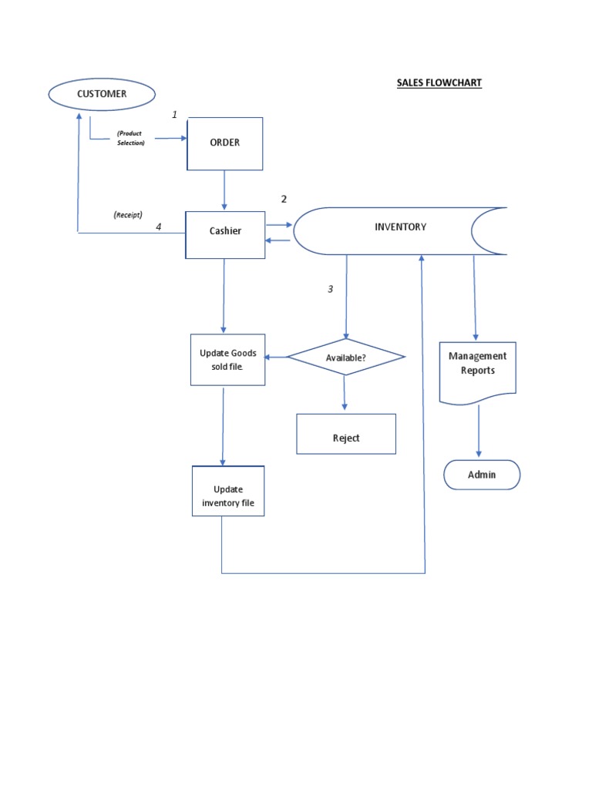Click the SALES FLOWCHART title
coord(439,82)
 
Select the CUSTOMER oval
coord(101,94)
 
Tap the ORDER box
coord(225,143)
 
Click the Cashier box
coord(225,230)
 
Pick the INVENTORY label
coord(400,227)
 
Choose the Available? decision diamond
coord(345,358)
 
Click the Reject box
coord(346,437)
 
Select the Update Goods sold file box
coord(228,359)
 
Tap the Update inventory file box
coord(228,496)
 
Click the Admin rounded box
coord(482,475)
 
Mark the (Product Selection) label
coord(129,138)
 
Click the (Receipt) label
coord(127,214)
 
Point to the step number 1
coord(174,115)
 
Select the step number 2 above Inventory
coord(284,199)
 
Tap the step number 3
coord(331,289)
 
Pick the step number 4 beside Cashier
coord(159,227)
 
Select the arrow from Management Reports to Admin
coord(479,431)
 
